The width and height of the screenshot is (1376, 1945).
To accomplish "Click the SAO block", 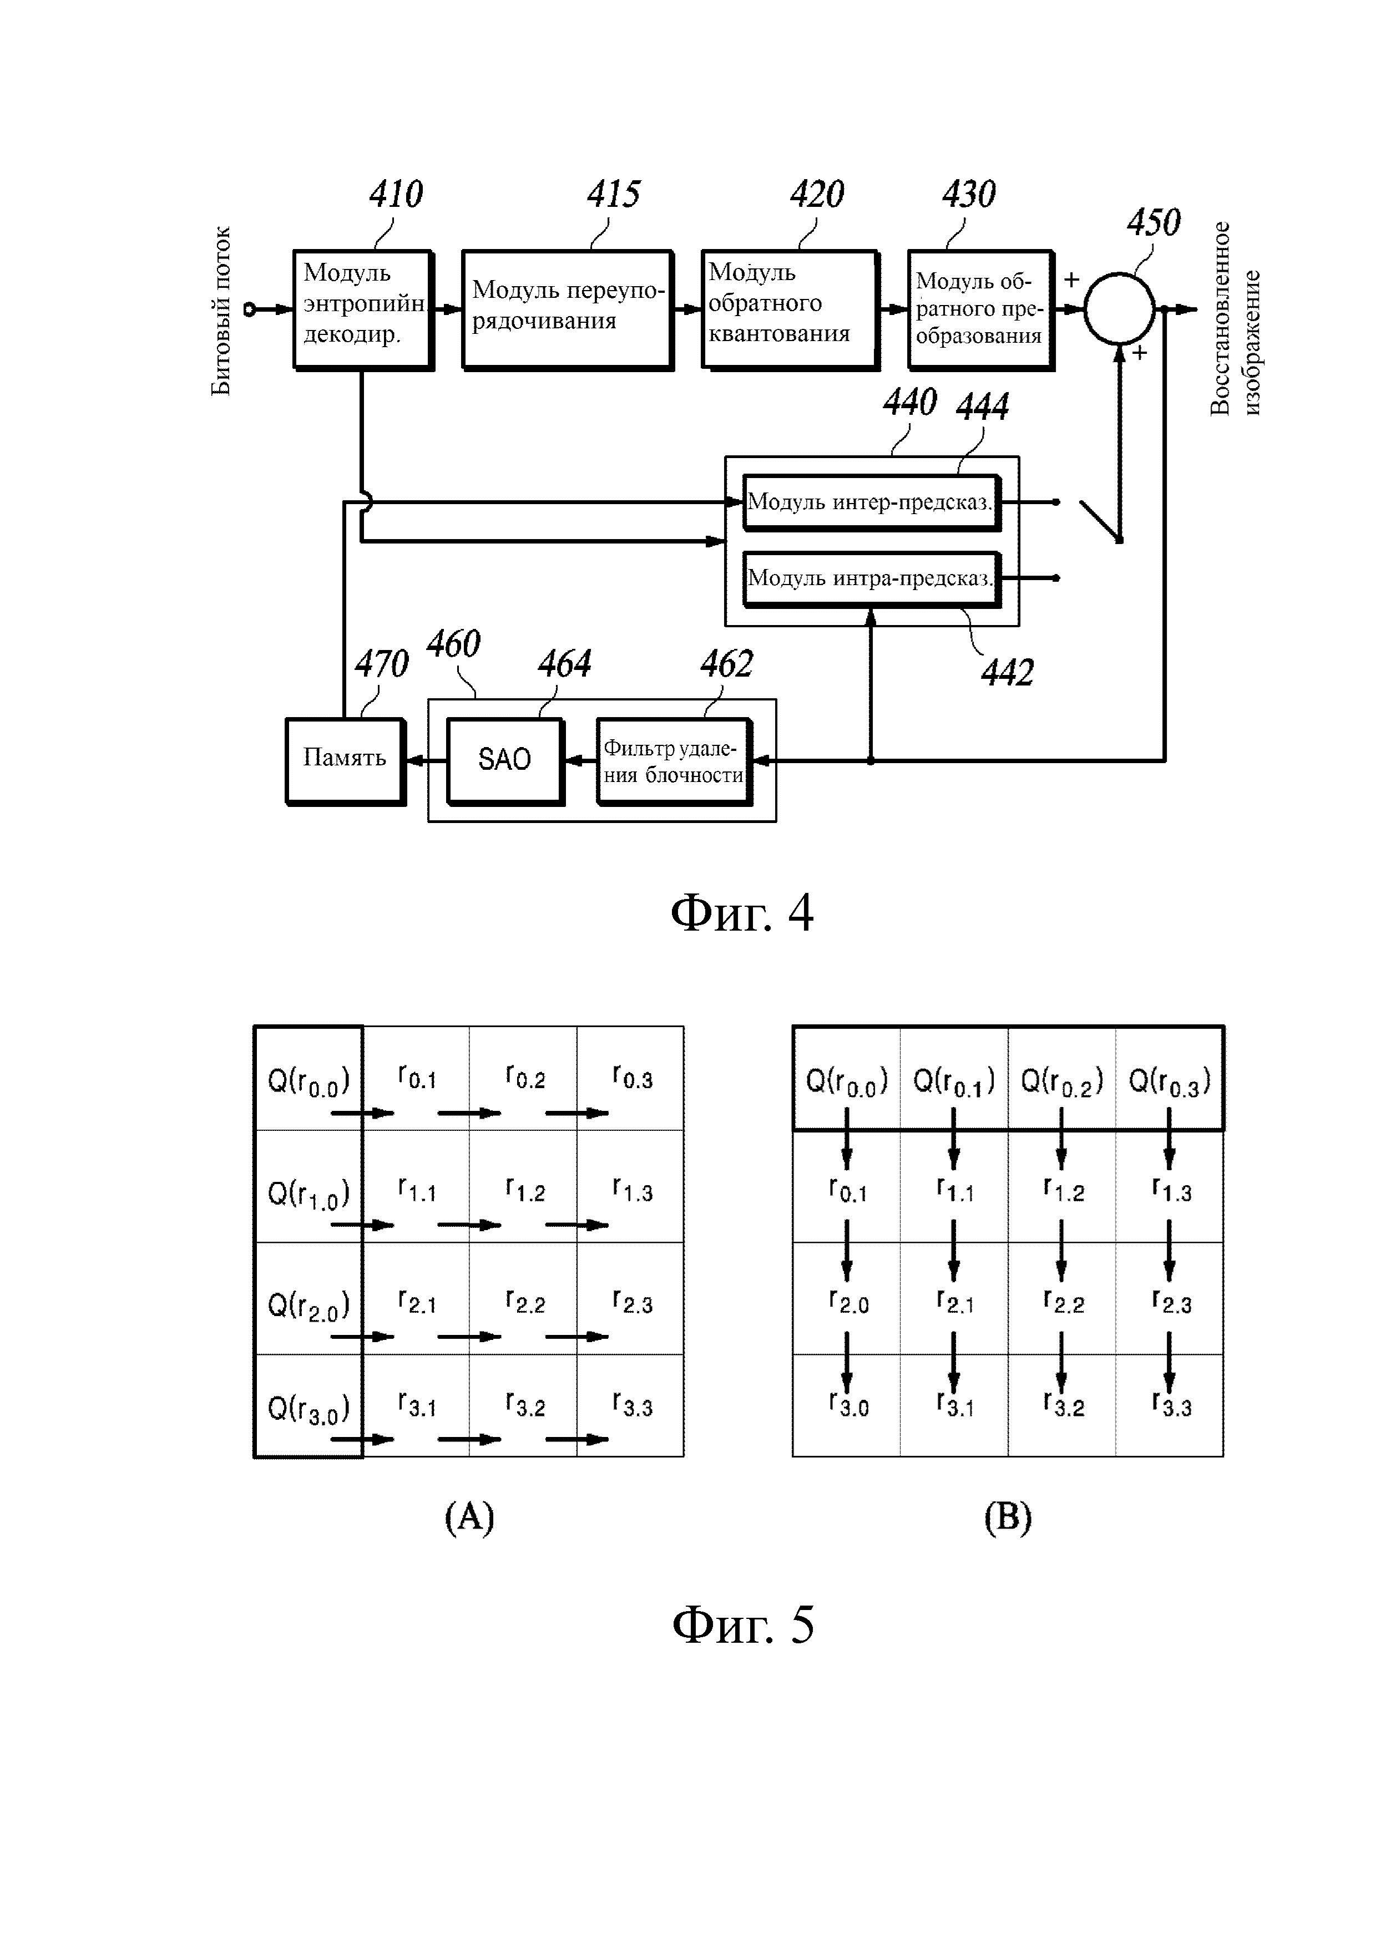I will [x=504, y=760].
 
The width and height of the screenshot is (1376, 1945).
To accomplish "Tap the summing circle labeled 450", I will [x=1119, y=308].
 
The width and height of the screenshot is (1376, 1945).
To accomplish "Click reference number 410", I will [x=396, y=194].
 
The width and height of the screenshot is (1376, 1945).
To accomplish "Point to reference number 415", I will [x=614, y=194].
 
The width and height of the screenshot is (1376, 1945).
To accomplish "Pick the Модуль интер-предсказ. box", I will [x=870, y=502].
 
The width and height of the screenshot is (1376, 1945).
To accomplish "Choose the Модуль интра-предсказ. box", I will [x=870, y=578].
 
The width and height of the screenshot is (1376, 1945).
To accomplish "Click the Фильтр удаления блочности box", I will [x=674, y=761].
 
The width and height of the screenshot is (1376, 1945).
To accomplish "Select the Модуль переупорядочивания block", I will [x=567, y=308].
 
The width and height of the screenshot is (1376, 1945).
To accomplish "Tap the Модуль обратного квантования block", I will [x=789, y=308].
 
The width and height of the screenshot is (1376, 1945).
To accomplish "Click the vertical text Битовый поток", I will [x=220, y=310].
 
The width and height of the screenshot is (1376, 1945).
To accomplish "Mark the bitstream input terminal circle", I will [x=249, y=309].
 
